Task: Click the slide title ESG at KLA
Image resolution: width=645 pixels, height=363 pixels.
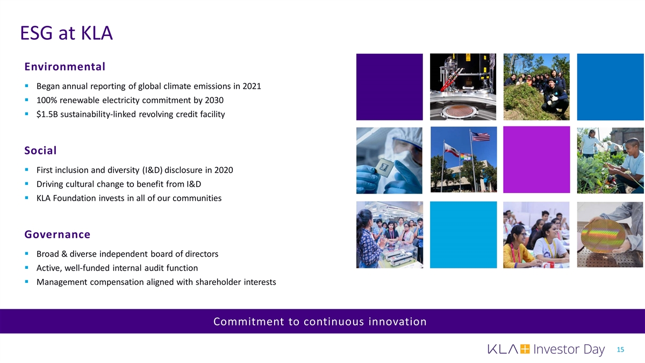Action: [x=66, y=33]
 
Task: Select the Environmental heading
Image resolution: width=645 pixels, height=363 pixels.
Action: [x=65, y=67]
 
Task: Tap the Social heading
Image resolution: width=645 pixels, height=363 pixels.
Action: [x=40, y=151]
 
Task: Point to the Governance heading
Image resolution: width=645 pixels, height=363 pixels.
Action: [x=58, y=234]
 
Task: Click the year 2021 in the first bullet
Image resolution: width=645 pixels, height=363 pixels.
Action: [x=252, y=86]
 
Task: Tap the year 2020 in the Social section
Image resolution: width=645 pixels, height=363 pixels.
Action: [x=224, y=170]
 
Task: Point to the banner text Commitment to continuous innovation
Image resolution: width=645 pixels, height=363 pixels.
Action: [x=320, y=322]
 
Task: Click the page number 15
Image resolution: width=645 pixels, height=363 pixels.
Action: [x=620, y=350]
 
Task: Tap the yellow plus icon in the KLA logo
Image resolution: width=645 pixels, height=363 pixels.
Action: [x=525, y=349]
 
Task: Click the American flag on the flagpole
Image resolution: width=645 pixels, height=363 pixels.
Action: [x=481, y=137]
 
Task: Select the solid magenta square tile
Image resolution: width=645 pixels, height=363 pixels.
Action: [x=536, y=160]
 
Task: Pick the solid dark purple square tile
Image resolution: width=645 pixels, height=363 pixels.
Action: [x=390, y=87]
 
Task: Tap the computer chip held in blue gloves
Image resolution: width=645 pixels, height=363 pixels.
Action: [x=384, y=167]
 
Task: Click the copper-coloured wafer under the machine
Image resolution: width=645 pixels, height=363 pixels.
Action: [x=458, y=111]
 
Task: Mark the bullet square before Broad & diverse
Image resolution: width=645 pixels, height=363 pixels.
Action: [x=27, y=253]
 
